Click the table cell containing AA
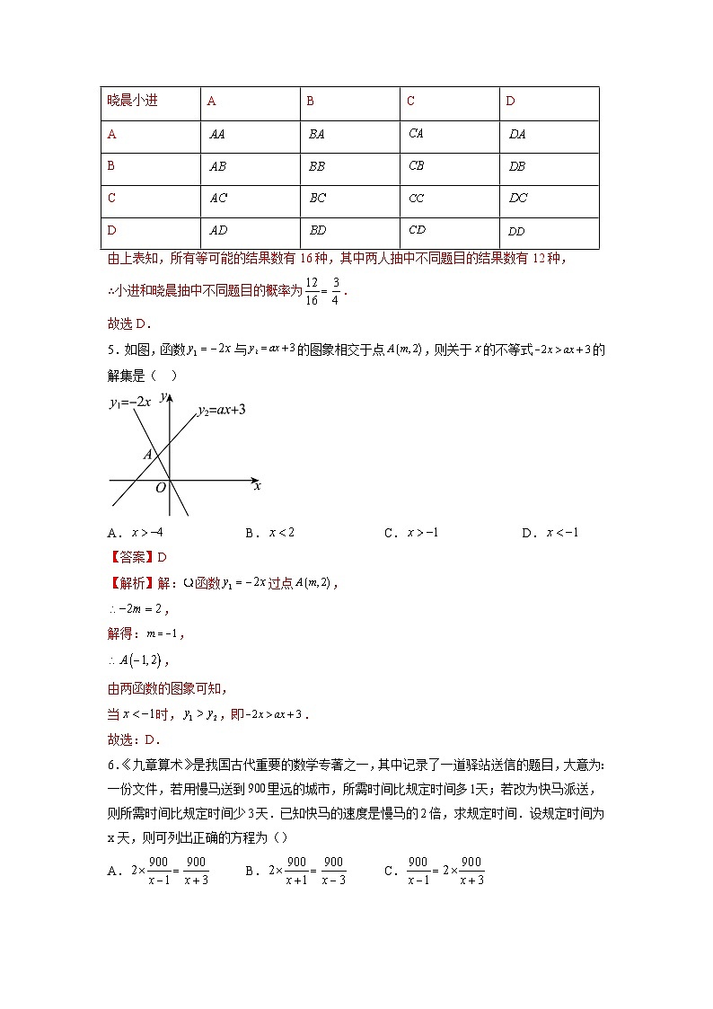click(217, 134)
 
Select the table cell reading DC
click(518, 199)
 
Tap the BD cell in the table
click(318, 231)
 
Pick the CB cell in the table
click(417, 166)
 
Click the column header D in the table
click(511, 102)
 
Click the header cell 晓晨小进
click(132, 101)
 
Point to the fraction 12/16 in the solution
click(312, 290)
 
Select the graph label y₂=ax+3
click(222, 410)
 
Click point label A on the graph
click(147, 455)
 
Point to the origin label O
click(161, 488)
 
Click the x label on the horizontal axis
click(257, 485)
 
